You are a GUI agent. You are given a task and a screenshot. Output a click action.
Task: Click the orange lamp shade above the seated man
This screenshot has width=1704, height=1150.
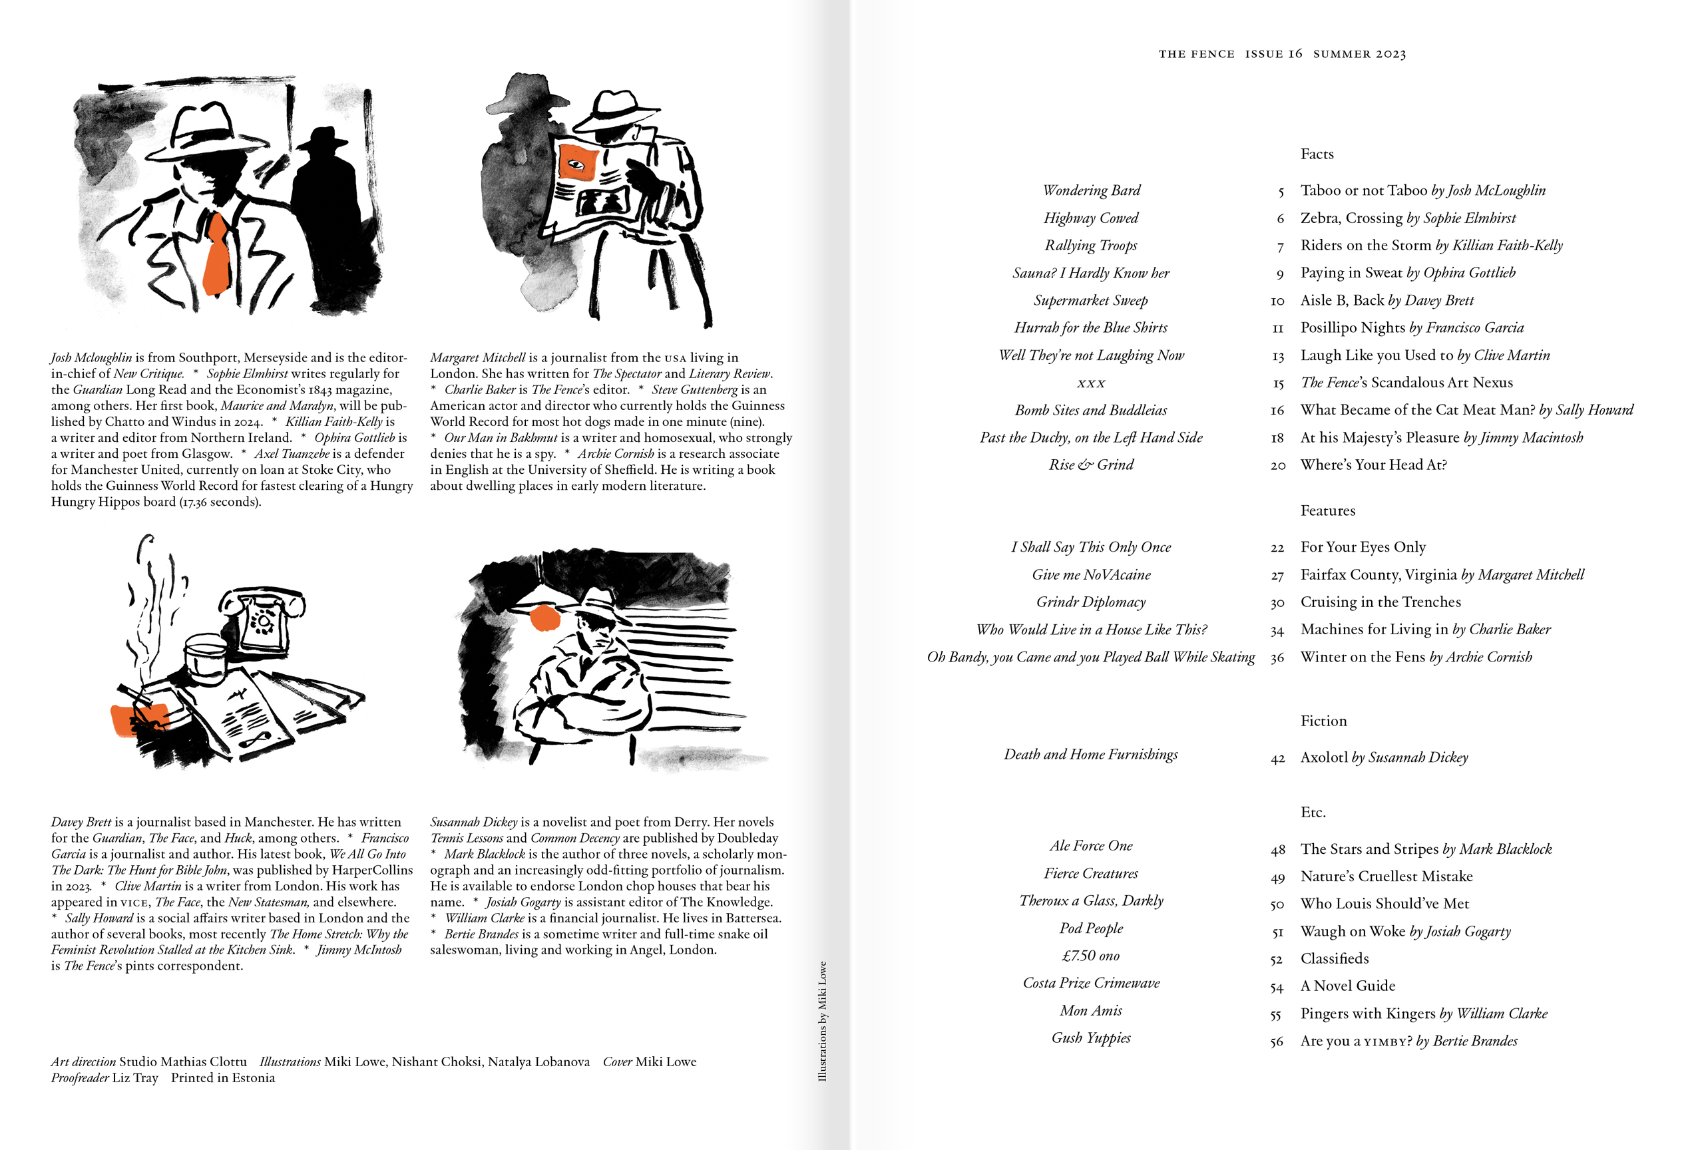point(544,617)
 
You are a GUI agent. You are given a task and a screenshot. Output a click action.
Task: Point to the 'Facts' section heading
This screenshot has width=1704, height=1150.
point(1317,154)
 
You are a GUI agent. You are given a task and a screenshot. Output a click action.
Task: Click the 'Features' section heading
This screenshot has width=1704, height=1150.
point(1327,511)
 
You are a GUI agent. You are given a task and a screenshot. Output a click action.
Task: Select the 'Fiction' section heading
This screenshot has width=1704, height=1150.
point(1323,721)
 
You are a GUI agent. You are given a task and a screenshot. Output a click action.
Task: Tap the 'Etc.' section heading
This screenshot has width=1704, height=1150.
point(1313,812)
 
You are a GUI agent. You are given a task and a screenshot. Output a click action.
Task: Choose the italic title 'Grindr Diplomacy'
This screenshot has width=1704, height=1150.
point(1090,602)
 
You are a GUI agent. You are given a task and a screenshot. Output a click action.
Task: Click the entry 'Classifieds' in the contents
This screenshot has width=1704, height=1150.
point(1335,959)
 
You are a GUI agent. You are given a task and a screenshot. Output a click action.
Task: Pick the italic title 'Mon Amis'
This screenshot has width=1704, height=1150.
point(1090,1011)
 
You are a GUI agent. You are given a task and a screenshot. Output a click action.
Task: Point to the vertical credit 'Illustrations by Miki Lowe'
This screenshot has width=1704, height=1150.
point(822,1021)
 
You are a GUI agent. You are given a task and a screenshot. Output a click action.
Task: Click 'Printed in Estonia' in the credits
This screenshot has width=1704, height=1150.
point(223,1078)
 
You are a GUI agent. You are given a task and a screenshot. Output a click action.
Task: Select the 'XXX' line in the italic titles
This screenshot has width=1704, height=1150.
point(1090,383)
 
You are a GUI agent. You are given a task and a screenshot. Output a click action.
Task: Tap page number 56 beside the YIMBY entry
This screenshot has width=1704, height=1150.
point(1277,1042)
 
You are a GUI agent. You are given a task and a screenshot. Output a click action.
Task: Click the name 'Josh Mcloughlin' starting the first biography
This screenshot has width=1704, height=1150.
point(91,357)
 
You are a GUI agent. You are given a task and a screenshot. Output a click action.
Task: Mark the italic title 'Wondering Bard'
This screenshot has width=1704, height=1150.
point(1091,190)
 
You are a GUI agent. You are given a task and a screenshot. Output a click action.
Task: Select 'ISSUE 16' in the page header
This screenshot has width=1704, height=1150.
point(1273,53)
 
